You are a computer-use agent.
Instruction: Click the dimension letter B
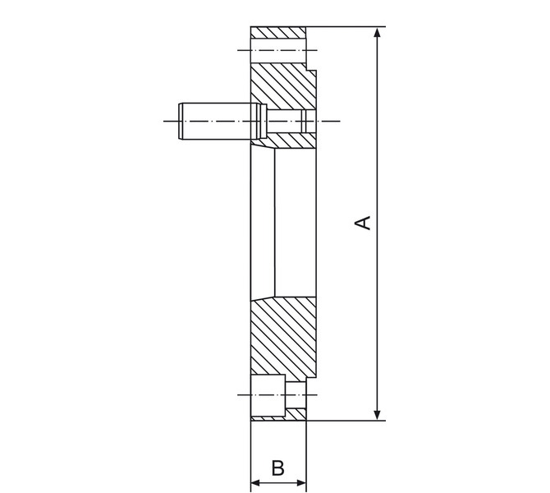point(277,468)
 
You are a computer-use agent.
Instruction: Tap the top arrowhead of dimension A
point(377,32)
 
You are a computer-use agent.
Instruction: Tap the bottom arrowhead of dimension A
point(377,415)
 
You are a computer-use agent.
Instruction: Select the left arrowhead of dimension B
point(255,483)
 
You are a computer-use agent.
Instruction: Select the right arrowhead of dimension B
point(301,483)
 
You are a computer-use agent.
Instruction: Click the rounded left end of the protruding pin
point(181,121)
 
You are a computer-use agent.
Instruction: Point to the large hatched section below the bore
point(283,339)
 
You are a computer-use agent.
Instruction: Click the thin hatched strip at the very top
point(277,33)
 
